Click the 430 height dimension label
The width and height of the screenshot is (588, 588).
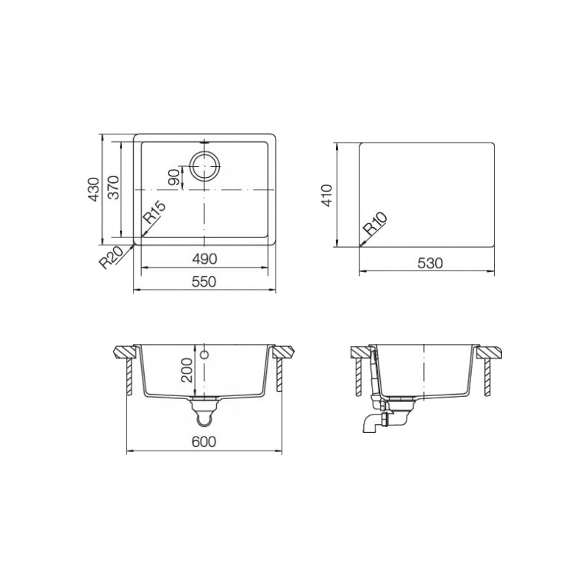pos(94,190)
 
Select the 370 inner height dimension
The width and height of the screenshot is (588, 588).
pos(113,187)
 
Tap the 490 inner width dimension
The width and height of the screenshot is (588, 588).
pos(204,259)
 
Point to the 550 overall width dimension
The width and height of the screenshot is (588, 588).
pos(204,282)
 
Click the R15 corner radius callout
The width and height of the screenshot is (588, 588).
pos(154,212)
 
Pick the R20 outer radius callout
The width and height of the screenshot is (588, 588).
pos(111,257)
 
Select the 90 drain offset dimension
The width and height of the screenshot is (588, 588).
pos(174,177)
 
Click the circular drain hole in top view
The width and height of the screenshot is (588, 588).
pos(204,166)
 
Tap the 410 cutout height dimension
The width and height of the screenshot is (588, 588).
pos(327,196)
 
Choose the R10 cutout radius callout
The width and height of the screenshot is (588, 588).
pos(376,223)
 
